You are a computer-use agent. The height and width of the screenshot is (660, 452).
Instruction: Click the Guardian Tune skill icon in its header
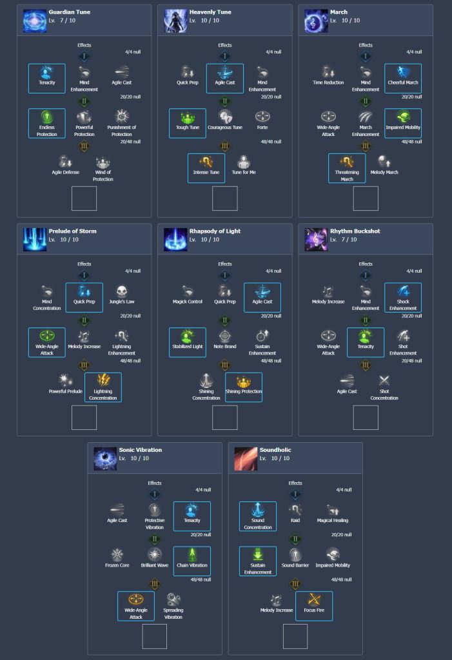pos(35,21)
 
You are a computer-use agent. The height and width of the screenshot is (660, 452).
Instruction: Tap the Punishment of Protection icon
pos(122,117)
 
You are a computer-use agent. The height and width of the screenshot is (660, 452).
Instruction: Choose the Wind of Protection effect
pos(103,162)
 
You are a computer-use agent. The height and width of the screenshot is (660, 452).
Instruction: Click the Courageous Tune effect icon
pos(225,117)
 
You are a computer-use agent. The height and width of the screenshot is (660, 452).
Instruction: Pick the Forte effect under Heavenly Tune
pos(262,117)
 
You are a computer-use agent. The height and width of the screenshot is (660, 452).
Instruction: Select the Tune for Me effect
pos(244,162)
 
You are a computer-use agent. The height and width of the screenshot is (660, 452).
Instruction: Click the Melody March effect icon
pos(384,162)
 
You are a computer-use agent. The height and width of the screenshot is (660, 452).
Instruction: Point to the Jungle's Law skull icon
pos(122,291)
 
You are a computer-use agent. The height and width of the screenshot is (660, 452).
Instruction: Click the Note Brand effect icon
pos(225,336)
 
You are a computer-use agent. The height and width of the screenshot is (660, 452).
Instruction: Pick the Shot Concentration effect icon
pos(384,381)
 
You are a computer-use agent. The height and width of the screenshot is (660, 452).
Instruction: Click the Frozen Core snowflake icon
pos(117,555)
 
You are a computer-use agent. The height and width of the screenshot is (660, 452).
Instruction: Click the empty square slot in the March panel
pos(366,199)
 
